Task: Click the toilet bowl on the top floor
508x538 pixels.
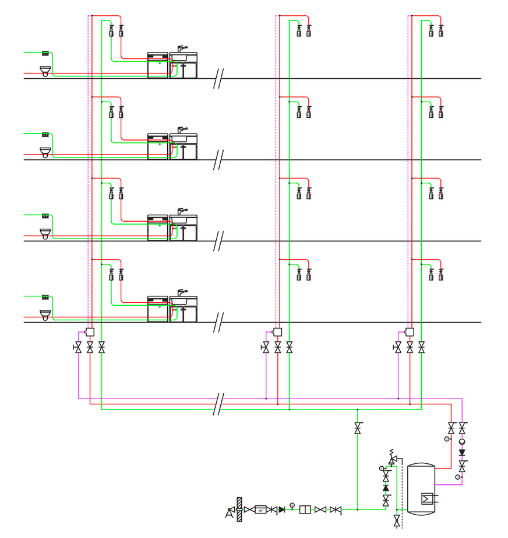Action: tap(45, 71)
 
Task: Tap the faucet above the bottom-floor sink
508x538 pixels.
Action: tap(182, 292)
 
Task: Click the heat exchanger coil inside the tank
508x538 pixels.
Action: tap(428, 498)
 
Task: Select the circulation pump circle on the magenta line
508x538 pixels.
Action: tap(462, 442)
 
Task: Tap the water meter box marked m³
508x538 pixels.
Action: tap(262, 509)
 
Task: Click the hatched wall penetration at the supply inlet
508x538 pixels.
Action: tap(239, 509)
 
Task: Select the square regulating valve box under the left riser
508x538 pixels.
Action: tap(90, 332)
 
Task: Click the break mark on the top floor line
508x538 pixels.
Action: tap(219, 78)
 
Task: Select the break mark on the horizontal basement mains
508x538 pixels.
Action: tap(219, 404)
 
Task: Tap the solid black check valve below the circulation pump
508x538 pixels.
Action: tap(462, 453)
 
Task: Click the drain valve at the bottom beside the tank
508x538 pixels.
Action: tap(397, 519)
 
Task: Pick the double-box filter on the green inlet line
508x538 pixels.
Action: tap(304, 509)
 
